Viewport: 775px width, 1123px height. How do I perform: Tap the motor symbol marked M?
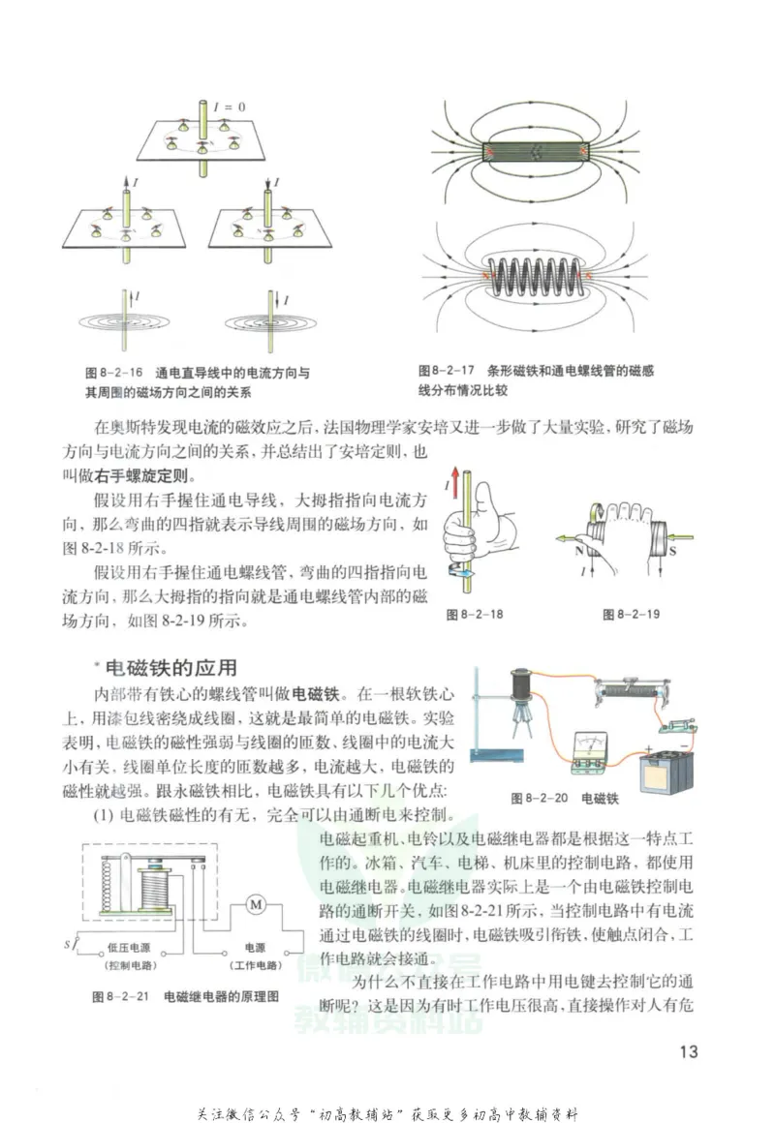click(257, 904)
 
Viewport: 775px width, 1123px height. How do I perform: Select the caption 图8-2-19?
click(631, 614)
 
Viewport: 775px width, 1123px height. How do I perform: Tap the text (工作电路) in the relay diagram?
click(256, 967)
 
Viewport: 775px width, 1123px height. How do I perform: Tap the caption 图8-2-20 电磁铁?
click(564, 800)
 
